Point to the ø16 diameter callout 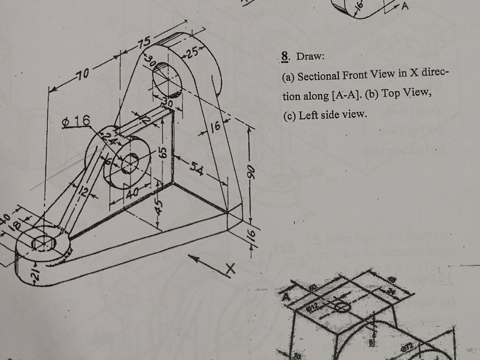coord(76,120)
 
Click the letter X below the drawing coord(229,270)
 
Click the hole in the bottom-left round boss coord(42,242)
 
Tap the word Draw coord(309,58)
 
